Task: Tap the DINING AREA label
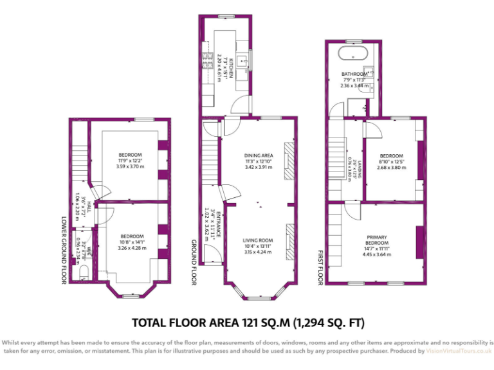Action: tap(259, 155)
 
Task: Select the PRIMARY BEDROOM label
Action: tap(377, 240)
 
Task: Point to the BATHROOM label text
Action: tap(354, 74)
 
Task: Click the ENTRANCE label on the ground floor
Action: tap(217, 224)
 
